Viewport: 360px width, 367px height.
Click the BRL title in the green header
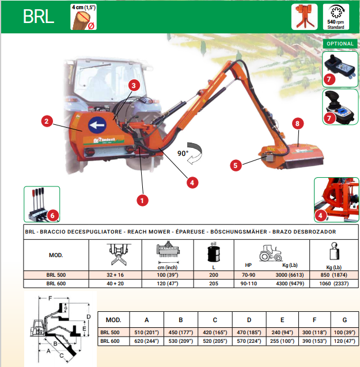[39, 16]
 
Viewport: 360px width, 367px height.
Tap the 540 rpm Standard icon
[336, 17]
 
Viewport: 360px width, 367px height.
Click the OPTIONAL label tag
[339, 44]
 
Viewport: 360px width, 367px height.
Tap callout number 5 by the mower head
[235, 165]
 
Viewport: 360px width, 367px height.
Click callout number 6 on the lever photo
[52, 216]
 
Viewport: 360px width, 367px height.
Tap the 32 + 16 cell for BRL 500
[115, 274]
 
